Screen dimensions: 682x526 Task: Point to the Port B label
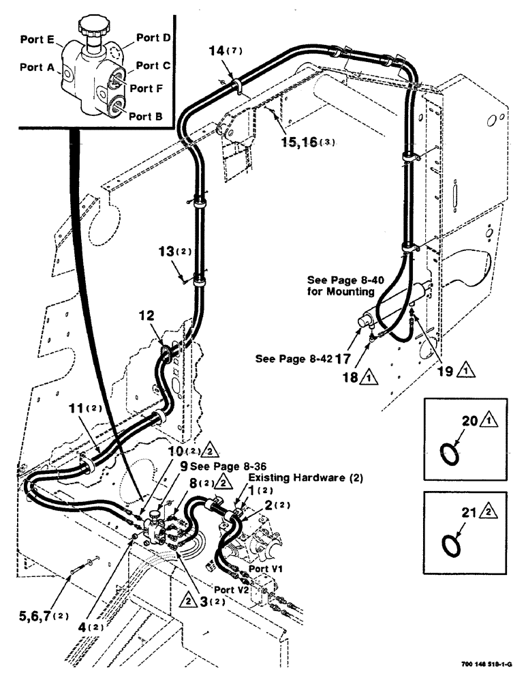146,117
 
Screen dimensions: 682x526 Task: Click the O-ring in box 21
448,545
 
